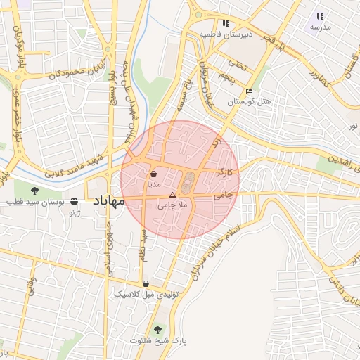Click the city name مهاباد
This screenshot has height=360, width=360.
click(108, 201)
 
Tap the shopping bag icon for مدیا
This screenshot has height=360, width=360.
click(154, 173)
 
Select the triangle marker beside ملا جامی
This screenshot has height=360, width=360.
click(172, 195)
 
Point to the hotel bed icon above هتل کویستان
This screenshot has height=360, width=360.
click(249, 91)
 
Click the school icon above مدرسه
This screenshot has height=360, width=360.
click(320, 16)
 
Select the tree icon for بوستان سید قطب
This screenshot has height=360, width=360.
click(35, 190)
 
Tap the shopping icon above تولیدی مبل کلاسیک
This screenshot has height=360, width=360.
click(146, 284)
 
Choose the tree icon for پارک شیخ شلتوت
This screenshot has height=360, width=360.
click(157, 330)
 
